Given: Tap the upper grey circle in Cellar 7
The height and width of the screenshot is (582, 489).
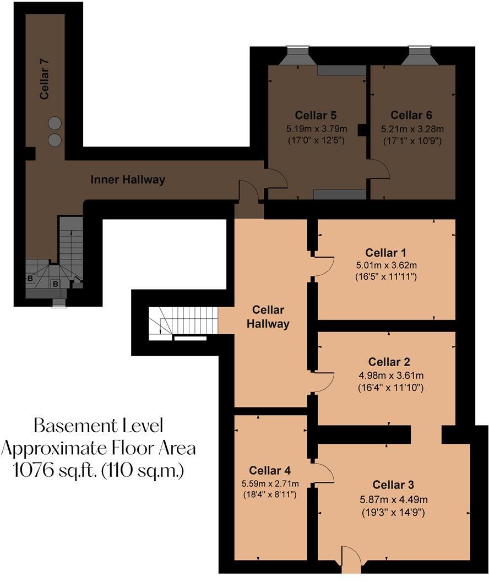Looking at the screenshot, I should click(54, 123).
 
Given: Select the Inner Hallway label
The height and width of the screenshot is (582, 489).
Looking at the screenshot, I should click(128, 180).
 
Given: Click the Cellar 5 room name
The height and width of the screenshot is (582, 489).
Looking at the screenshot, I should click(316, 115).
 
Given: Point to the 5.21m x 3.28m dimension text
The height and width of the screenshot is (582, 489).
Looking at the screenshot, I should click(412, 129).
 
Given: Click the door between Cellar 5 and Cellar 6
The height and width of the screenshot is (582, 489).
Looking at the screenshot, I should click(379, 169).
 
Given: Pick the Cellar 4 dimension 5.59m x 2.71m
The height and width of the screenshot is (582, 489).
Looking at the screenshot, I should click(270, 483).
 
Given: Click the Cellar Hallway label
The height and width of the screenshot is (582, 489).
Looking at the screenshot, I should click(268, 317).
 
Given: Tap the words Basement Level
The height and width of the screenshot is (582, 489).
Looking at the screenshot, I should click(98, 425).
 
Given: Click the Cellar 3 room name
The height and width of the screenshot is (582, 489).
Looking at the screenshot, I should click(393, 485).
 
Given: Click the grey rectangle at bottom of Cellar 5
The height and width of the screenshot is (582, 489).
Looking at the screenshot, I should click(340, 194).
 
